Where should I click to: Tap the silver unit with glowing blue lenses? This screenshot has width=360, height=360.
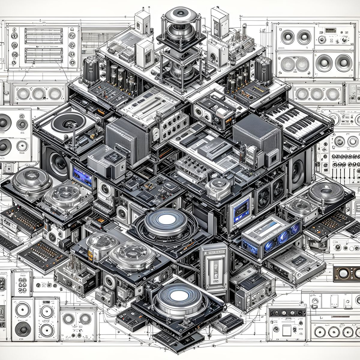click(x=271, y=235)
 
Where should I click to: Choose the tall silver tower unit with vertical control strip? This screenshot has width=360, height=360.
click(x=214, y=264)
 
